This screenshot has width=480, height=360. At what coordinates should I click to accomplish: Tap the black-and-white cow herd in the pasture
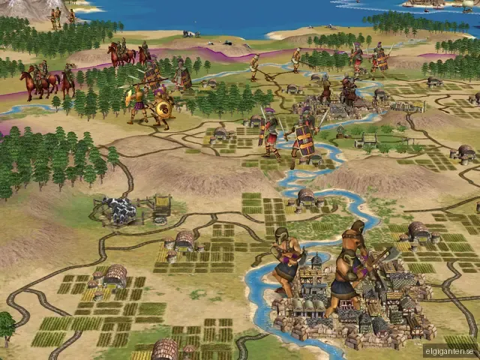(119, 210)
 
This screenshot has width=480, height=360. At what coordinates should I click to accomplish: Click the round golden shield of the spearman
(163, 109)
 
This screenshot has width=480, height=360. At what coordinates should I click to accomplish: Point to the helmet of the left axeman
(281, 233)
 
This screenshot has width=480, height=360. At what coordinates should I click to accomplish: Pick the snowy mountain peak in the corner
(22, 7)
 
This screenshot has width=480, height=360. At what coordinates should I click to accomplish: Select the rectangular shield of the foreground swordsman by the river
(304, 140)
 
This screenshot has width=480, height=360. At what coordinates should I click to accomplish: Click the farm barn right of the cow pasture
(184, 240)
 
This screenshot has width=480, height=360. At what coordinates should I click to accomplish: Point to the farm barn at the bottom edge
(164, 349)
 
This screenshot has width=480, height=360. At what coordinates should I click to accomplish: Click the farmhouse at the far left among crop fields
(115, 274)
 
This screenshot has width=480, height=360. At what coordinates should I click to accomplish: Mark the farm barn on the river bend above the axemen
(306, 196)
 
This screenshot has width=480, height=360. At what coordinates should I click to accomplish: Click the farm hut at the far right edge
(465, 154)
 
